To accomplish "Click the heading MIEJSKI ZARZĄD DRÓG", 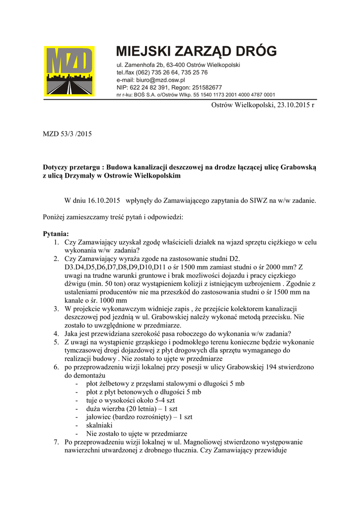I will point(196,51).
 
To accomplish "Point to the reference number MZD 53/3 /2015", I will point(67,134).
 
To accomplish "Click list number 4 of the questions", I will point(56,333).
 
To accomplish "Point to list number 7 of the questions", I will point(56,442).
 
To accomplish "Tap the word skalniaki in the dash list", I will point(99,425).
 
